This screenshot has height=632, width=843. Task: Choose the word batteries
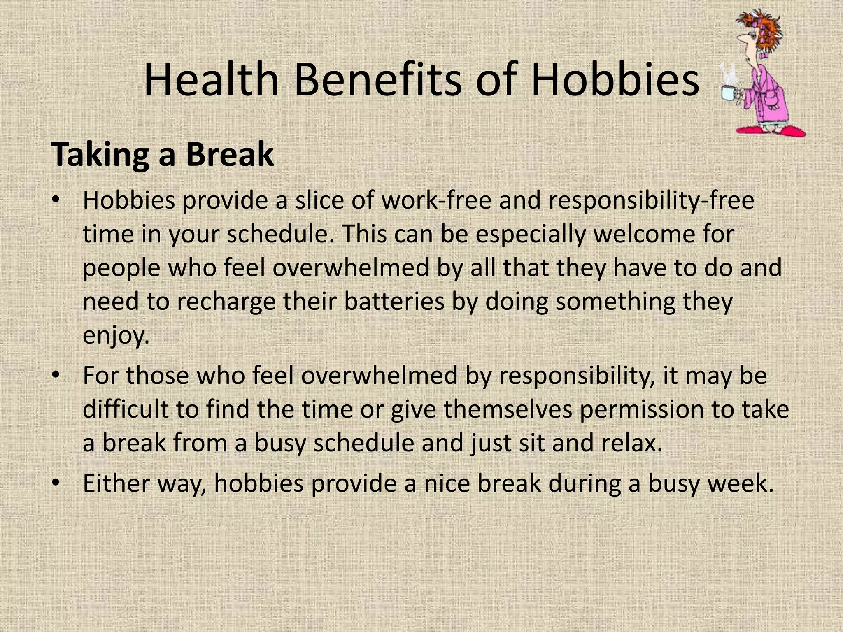tap(394, 302)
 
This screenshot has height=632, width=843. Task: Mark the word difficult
tap(126, 410)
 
